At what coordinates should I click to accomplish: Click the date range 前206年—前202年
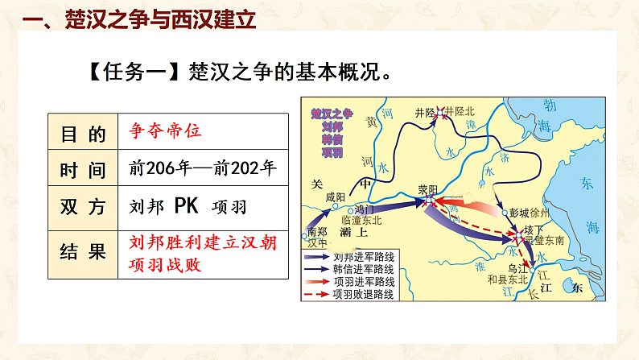click(202, 168)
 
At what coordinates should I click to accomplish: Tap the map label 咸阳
click(335, 197)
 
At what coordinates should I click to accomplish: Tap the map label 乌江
click(517, 267)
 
